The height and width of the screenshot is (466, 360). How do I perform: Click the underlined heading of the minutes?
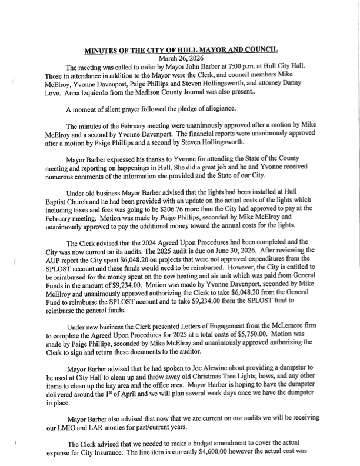[x=180, y=50]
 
